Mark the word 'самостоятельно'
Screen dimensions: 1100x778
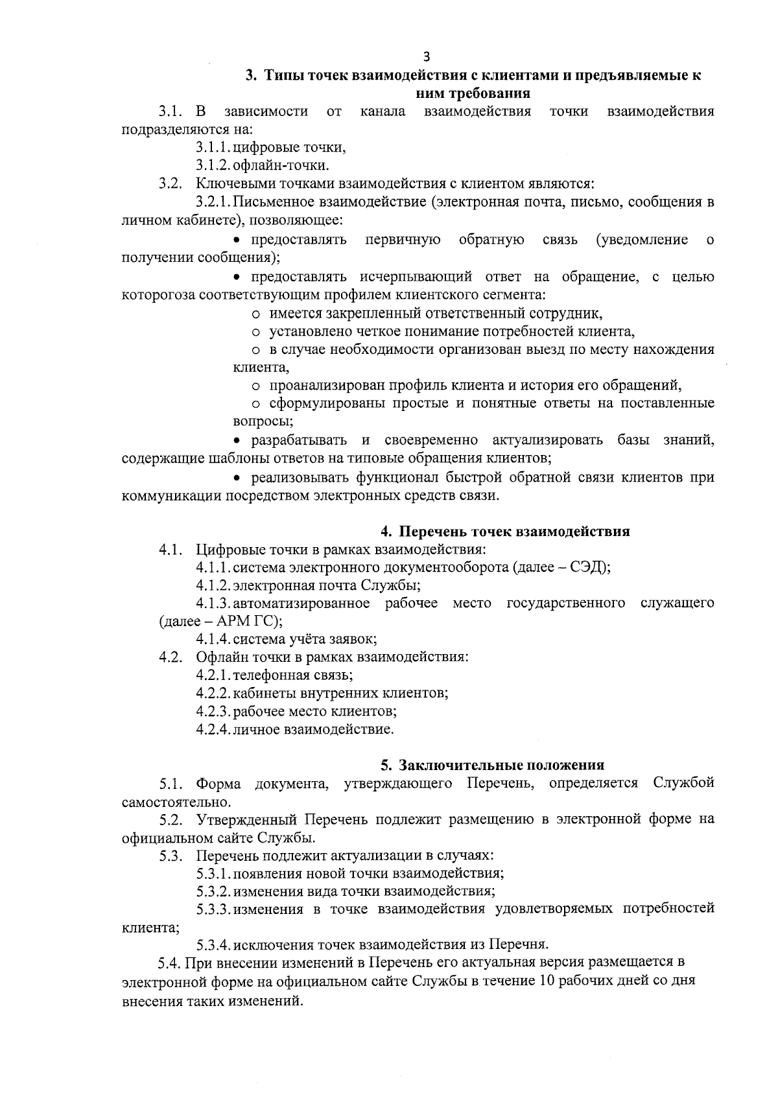[166, 802]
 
